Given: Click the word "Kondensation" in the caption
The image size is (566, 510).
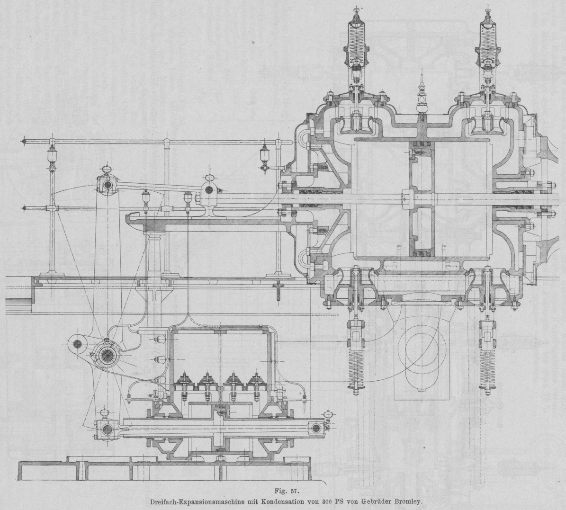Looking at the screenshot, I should coord(281,501).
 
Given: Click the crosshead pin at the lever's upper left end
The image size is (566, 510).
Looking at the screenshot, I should coord(107,184).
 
